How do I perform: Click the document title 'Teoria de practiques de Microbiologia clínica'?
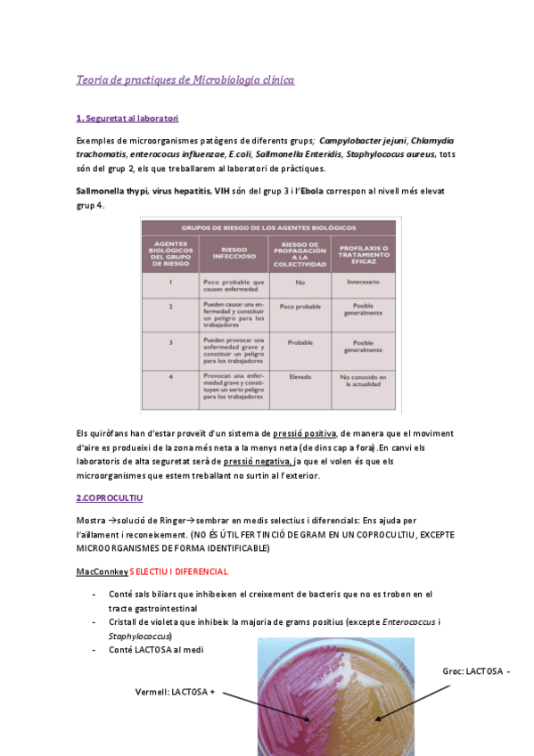(185, 80)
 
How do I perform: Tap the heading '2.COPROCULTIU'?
(110, 497)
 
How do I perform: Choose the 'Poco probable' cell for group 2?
(300, 306)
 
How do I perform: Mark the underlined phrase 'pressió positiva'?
(305, 432)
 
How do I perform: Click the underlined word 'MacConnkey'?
(102, 571)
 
